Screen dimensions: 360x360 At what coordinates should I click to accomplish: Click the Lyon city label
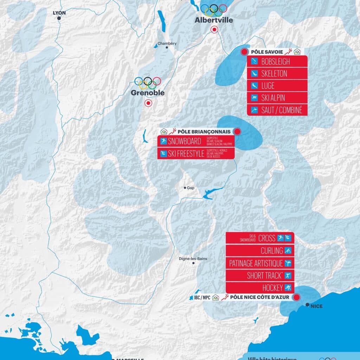click(x=59, y=13)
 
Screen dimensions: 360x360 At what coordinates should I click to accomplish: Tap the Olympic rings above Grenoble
click(x=148, y=83)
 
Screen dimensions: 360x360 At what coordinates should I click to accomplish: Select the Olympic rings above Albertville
click(x=214, y=10)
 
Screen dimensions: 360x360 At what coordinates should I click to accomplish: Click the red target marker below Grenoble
click(x=148, y=103)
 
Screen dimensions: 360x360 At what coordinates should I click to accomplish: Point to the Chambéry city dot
click(x=167, y=47)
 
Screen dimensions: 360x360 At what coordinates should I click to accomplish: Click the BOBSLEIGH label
click(x=275, y=62)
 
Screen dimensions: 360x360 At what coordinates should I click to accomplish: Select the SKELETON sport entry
click(x=274, y=74)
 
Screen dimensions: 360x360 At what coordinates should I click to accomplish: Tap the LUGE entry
click(x=268, y=86)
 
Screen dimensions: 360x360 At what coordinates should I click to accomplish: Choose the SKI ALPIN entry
click(x=273, y=98)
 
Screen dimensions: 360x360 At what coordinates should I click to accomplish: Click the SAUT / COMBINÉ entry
click(x=281, y=110)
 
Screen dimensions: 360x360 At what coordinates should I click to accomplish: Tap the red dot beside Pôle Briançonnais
click(x=237, y=132)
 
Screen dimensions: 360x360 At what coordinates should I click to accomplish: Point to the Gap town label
click(x=190, y=188)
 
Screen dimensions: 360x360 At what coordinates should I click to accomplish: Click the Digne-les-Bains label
click(x=193, y=259)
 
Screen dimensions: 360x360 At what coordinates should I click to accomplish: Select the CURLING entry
click(x=272, y=251)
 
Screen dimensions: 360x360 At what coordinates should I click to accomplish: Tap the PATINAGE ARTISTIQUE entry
click(x=256, y=263)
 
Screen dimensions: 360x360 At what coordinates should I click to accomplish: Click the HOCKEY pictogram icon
click(x=288, y=288)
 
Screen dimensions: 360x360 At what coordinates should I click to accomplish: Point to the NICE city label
click(x=316, y=306)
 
